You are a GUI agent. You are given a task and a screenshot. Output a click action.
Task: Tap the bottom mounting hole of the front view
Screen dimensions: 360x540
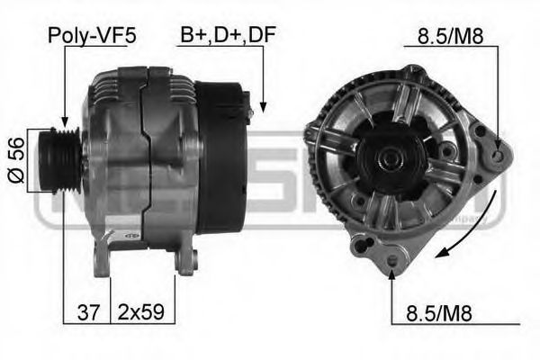393,261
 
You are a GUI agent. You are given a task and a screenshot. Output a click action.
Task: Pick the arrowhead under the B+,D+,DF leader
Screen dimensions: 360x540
264,107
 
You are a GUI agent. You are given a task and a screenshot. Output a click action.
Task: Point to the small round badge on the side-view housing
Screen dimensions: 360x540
128,235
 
